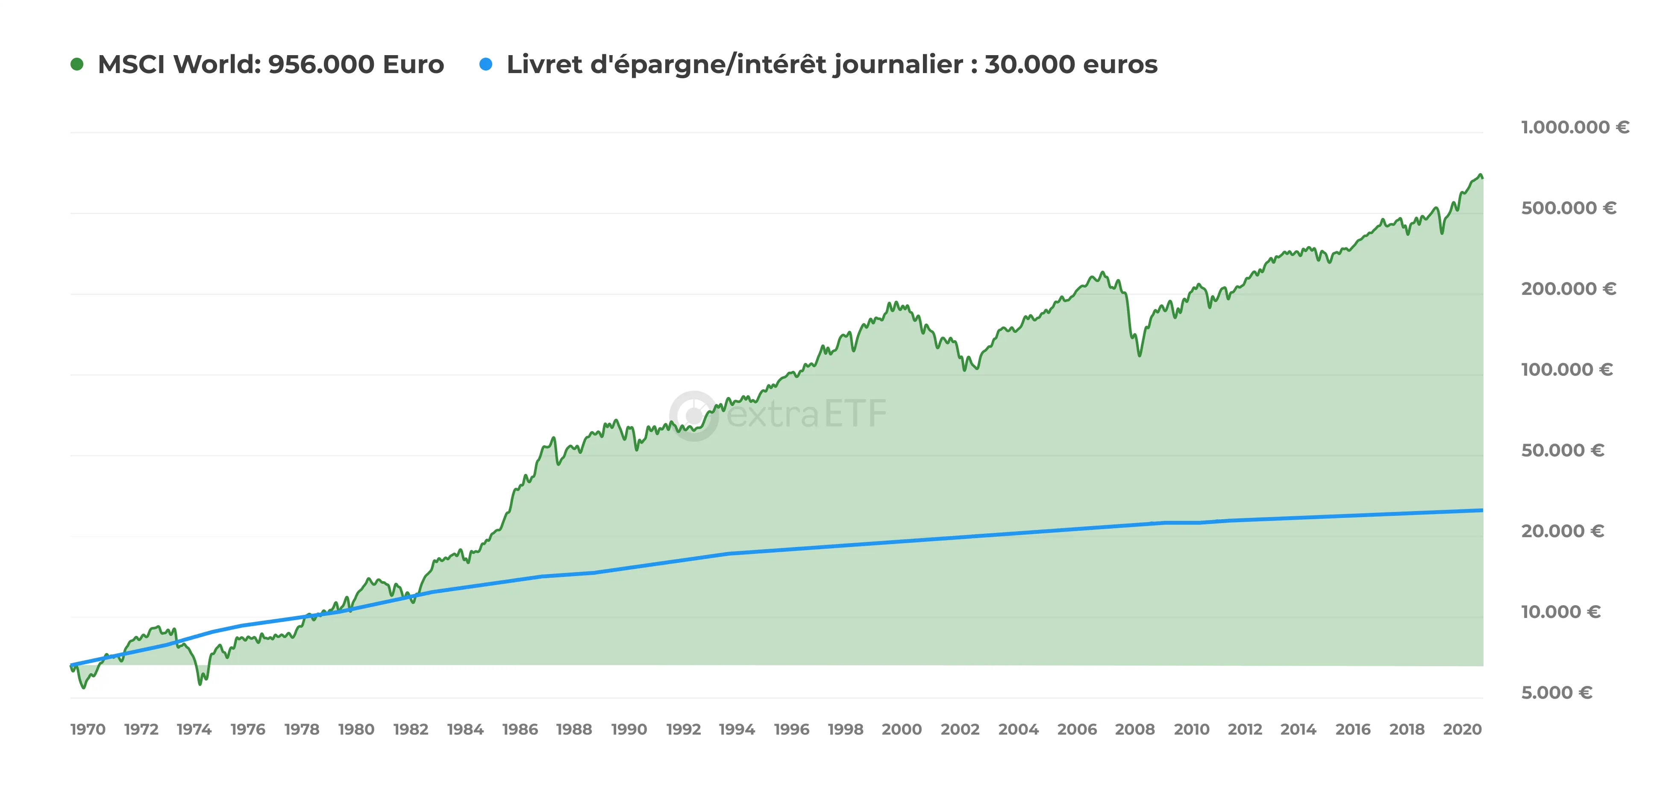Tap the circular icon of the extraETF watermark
click(693, 416)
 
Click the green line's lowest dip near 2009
click(1139, 355)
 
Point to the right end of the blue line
click(1481, 511)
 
